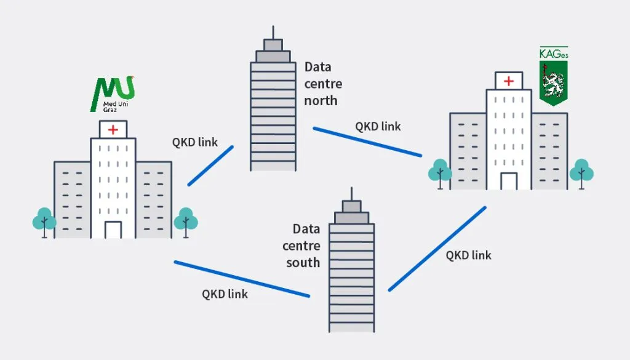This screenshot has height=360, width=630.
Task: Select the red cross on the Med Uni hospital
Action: click(x=113, y=129)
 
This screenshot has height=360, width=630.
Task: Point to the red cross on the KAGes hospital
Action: click(x=509, y=81)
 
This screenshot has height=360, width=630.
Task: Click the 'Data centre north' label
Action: click(x=322, y=84)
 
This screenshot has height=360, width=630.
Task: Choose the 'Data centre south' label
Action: click(x=302, y=246)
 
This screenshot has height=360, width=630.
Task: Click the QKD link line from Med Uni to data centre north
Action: click(x=210, y=166)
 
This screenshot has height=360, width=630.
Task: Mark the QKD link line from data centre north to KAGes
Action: click(x=367, y=142)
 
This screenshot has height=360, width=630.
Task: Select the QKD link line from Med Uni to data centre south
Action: click(x=241, y=279)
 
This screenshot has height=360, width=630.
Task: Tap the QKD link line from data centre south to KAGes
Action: click(x=437, y=249)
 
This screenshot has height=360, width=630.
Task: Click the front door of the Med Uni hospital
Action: click(x=113, y=230)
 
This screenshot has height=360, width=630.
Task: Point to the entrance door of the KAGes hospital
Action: click(x=509, y=181)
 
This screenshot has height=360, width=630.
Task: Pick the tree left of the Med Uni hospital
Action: click(x=44, y=222)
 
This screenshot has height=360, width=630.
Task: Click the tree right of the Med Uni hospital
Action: click(x=185, y=221)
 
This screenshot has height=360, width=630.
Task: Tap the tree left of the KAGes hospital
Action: click(x=439, y=172)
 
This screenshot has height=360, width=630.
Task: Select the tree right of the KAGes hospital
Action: click(x=581, y=172)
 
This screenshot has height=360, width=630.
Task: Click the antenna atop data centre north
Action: click(x=273, y=32)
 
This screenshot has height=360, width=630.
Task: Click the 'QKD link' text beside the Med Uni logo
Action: click(x=194, y=142)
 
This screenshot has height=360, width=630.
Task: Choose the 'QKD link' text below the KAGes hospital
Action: click(x=468, y=255)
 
